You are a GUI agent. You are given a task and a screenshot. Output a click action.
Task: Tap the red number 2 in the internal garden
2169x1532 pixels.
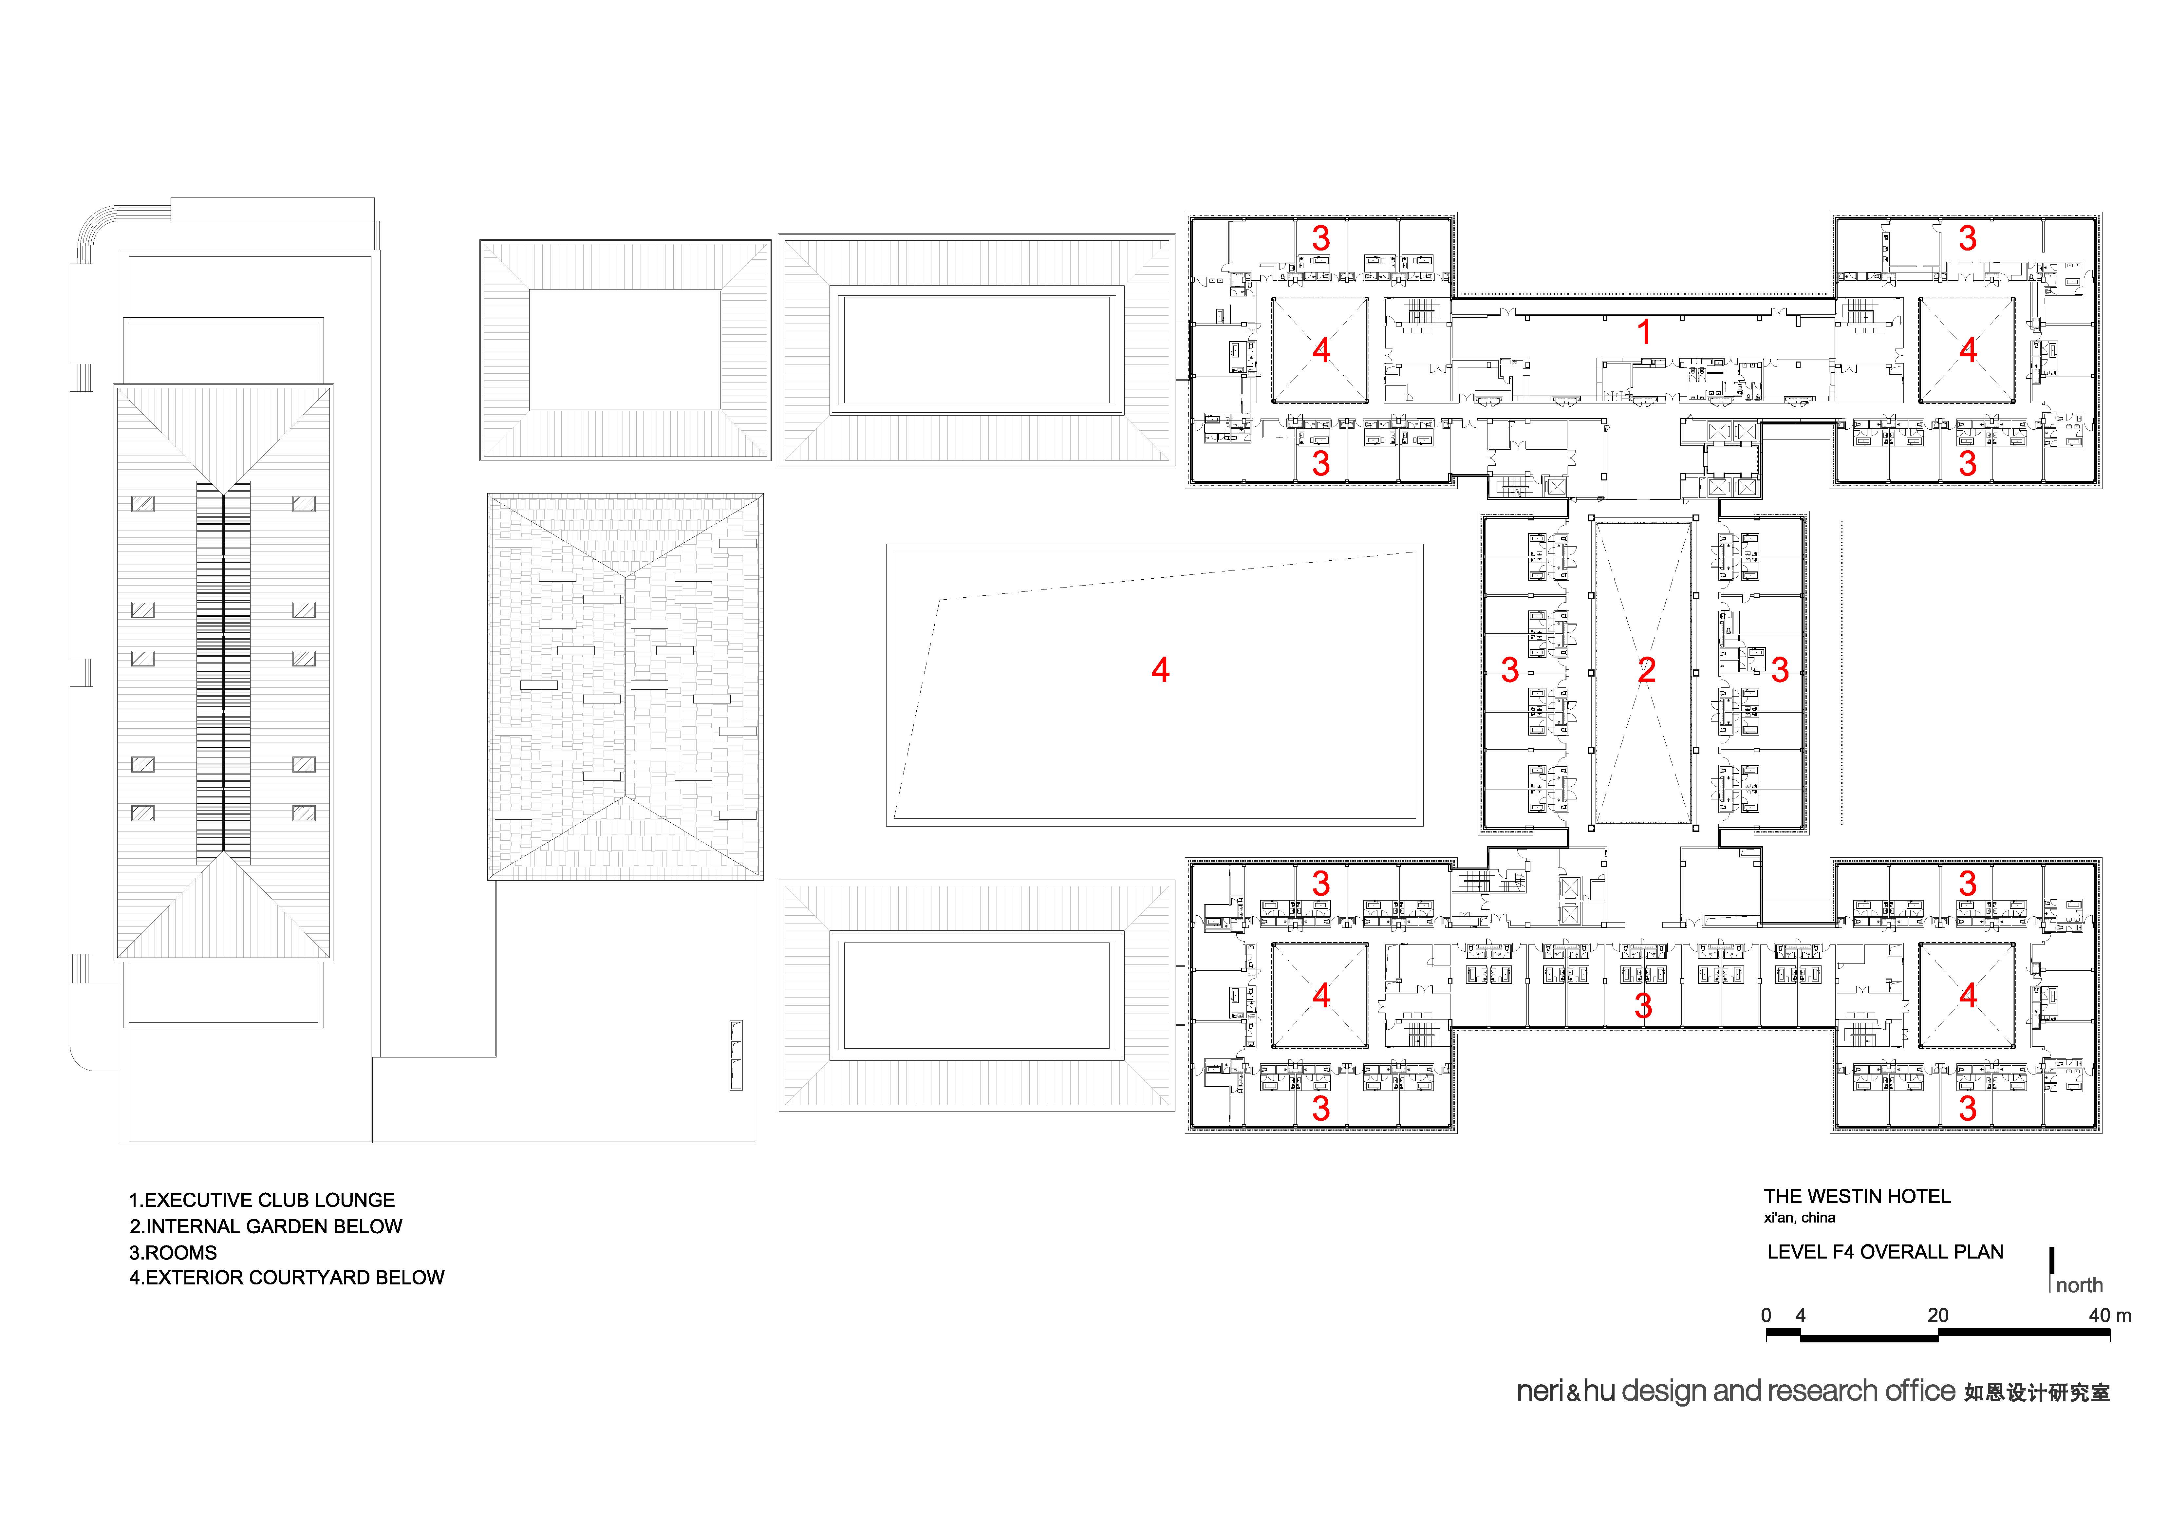click(x=1647, y=670)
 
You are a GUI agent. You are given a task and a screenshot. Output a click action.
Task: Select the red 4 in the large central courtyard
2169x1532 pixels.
click(x=1161, y=670)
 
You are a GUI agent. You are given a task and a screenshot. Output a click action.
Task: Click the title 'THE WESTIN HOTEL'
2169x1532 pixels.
click(x=1857, y=1197)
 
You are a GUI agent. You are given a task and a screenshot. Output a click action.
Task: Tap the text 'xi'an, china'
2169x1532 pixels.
click(x=1800, y=1218)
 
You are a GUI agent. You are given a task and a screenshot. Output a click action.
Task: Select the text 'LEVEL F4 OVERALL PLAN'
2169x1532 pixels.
click(x=1886, y=1252)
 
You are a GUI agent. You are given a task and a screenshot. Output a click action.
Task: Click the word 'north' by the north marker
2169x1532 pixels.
click(x=2079, y=1285)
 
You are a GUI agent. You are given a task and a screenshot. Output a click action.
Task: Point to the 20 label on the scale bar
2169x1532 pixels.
click(x=1937, y=1316)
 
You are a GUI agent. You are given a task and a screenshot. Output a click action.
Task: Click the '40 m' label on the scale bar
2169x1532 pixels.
click(x=2109, y=1316)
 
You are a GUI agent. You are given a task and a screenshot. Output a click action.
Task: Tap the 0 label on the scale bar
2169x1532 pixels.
click(x=1767, y=1316)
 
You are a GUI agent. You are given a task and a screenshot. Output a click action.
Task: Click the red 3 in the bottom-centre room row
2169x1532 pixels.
click(x=1644, y=1006)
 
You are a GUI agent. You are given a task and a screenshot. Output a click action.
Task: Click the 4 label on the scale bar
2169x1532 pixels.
click(x=1801, y=1316)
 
